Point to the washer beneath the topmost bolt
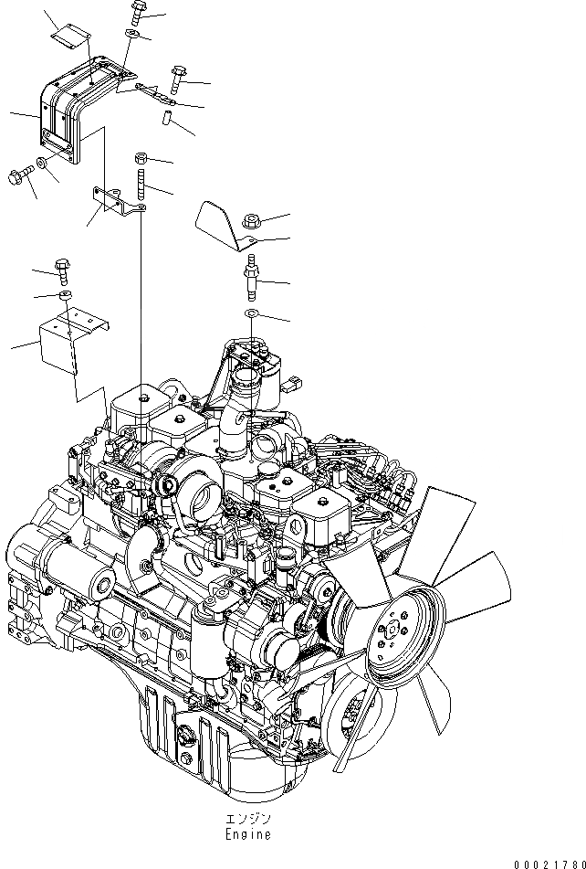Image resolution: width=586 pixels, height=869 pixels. point(133,34)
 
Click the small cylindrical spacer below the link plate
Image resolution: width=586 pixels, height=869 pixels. point(166,118)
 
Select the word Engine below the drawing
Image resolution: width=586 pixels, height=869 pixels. point(245,834)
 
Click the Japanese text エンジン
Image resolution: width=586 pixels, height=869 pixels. point(244,820)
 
